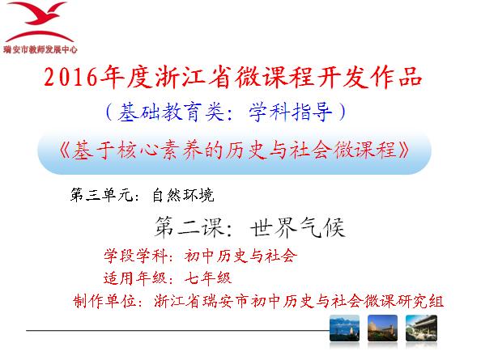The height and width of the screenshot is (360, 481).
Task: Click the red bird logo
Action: point(39,22)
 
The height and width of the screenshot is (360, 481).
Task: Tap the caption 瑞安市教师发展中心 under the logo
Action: point(40,49)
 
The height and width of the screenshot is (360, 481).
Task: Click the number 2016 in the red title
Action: point(70,77)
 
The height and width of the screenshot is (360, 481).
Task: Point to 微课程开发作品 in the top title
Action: point(329,77)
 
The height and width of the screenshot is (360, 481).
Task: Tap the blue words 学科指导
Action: point(290,112)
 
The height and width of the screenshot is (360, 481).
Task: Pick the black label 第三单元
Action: point(101,195)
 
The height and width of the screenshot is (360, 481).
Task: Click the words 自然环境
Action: point(183,195)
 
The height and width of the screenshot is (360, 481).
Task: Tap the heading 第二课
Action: point(189,227)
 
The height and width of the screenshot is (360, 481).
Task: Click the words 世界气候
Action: point(297,227)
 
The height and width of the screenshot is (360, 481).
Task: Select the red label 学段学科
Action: point(135,256)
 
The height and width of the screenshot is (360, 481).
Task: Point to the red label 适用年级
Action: point(135,278)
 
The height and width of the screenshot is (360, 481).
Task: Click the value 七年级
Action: point(208,278)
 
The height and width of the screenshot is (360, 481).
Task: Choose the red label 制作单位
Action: point(105,301)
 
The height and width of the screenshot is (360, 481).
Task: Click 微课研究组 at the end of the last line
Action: point(404,301)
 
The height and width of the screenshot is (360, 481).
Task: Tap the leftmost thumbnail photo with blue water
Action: point(344,328)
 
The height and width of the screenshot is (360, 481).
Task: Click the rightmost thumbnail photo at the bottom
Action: point(421,328)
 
